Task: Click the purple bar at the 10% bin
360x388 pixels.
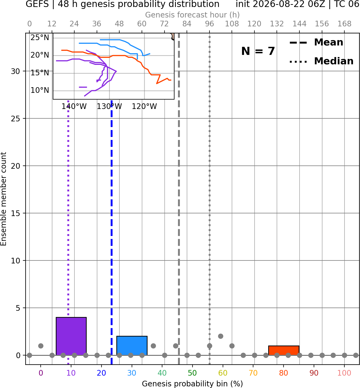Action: point(71,336)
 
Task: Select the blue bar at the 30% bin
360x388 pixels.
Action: point(132,345)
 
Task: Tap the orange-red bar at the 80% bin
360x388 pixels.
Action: point(284,351)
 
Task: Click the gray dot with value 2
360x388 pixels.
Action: point(221,336)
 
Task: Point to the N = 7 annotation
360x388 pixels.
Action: point(258,51)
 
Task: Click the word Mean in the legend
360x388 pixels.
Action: point(328,42)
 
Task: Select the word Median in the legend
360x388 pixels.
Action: point(334,61)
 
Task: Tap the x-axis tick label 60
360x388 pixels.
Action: point(223,373)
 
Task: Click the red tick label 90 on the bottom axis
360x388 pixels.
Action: point(314,373)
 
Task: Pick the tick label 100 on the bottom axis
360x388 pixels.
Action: point(344,373)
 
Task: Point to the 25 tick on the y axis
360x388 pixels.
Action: point(16,119)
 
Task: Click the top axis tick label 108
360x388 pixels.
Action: point(232,24)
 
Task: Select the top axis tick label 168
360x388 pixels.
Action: point(344,24)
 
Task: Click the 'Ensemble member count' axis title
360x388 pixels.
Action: point(4,199)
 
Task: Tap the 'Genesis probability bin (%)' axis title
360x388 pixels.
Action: point(193,384)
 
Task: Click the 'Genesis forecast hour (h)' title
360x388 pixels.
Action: point(193,15)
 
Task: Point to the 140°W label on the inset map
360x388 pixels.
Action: point(74,107)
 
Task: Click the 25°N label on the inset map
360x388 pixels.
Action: point(40,37)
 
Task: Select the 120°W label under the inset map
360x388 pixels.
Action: point(144,107)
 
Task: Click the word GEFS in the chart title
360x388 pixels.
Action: point(37,4)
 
